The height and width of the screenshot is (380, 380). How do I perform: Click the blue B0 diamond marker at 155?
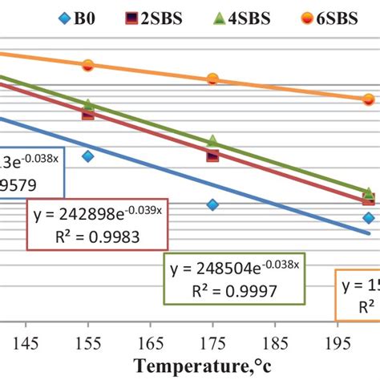(88, 156)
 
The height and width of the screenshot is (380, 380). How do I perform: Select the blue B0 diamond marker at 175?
(212, 204)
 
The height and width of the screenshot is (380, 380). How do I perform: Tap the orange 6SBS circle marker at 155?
(88, 65)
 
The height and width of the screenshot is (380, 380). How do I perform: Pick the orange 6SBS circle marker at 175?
(212, 79)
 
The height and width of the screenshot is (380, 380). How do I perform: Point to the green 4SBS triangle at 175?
(212, 141)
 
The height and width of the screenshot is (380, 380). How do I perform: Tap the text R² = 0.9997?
(234, 290)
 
